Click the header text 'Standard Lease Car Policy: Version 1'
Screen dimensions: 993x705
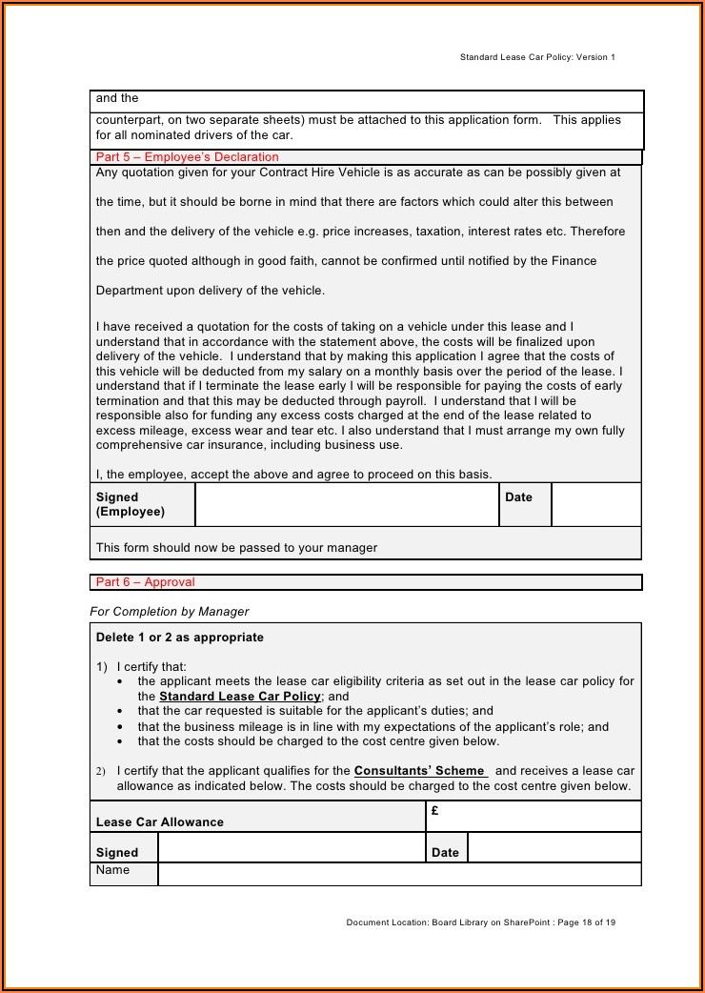click(x=537, y=57)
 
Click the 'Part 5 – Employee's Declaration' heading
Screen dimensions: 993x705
click(x=188, y=157)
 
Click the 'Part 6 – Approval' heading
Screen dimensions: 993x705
click(x=146, y=582)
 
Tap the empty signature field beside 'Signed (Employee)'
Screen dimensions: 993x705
click(x=347, y=504)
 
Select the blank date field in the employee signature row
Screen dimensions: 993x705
click(x=595, y=504)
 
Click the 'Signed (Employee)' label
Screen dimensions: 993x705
click(x=131, y=504)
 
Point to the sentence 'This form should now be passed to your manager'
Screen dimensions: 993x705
click(x=236, y=548)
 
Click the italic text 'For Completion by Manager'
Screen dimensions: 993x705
click(x=170, y=612)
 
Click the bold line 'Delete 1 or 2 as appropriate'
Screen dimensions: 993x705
click(x=180, y=638)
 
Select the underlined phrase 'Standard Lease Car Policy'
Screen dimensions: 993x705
click(x=240, y=697)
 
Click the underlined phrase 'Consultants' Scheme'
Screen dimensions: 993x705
click(x=420, y=771)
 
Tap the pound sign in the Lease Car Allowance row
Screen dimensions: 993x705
click(x=434, y=811)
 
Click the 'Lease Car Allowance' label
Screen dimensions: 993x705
click(x=160, y=822)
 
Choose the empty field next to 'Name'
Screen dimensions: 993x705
click(x=399, y=874)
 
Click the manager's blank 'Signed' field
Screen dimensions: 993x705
click(x=291, y=848)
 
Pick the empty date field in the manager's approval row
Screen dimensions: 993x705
click(x=554, y=848)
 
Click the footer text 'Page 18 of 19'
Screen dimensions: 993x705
click(x=586, y=922)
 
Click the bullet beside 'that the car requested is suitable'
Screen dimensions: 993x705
click(x=119, y=711)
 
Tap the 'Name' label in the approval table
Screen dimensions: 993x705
click(x=112, y=871)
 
